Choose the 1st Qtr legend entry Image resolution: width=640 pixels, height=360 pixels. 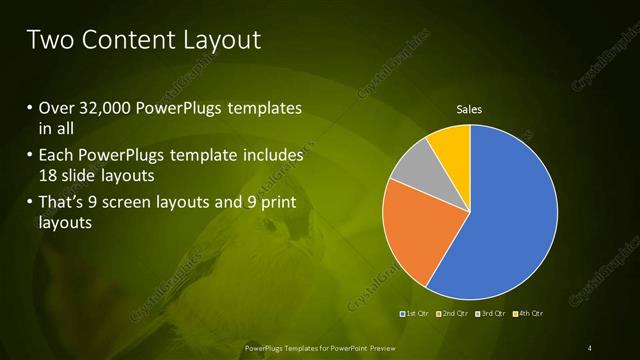(x=415, y=314)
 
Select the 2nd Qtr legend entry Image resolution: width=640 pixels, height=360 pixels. (x=453, y=314)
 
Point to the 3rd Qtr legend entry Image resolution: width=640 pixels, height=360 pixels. (x=491, y=314)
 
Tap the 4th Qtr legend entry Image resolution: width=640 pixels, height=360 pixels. (x=528, y=314)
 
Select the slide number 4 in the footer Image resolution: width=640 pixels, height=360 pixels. (x=590, y=347)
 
